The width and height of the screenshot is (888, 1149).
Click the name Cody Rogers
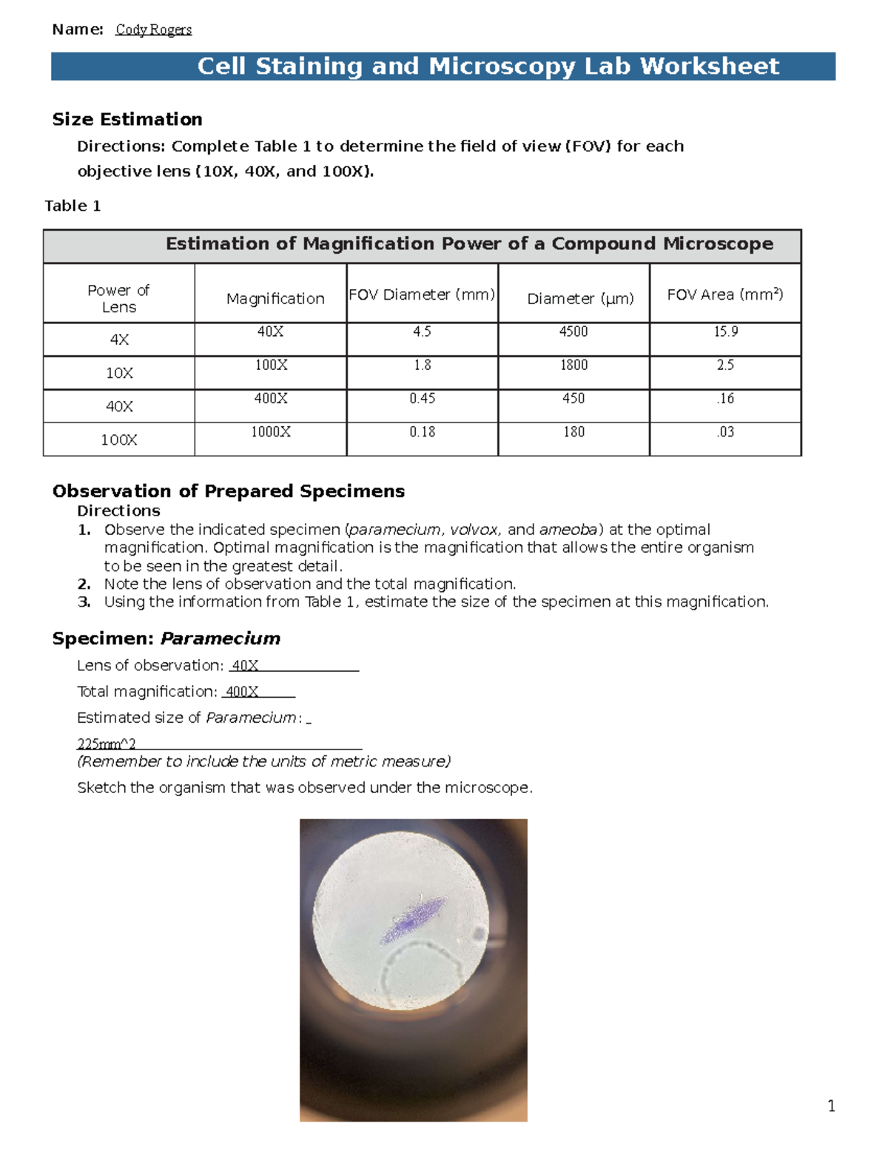153,30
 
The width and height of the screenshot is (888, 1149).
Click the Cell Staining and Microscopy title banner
488,66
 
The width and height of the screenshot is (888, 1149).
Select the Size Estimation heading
127,119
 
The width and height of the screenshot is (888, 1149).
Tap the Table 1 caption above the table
73,206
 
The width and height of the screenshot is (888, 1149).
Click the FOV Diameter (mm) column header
422,294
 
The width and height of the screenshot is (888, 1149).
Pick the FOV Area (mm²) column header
724,294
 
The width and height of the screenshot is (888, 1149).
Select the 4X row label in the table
119,340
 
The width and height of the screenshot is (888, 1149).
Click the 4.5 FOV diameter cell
422,331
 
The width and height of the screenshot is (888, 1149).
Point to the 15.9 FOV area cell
725,331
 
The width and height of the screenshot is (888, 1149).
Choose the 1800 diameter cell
573,365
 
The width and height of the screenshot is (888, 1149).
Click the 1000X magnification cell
271,431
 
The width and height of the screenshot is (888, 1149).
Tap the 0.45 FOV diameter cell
422,398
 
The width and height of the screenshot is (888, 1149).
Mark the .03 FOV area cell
725,431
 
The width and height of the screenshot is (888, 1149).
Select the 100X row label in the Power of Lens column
119,439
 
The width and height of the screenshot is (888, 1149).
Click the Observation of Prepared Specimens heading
229,491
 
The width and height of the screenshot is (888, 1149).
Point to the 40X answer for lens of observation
245,665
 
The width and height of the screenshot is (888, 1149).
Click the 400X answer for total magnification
242,692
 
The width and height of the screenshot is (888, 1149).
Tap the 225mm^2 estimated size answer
107,744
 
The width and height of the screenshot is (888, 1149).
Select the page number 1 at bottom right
831,1106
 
